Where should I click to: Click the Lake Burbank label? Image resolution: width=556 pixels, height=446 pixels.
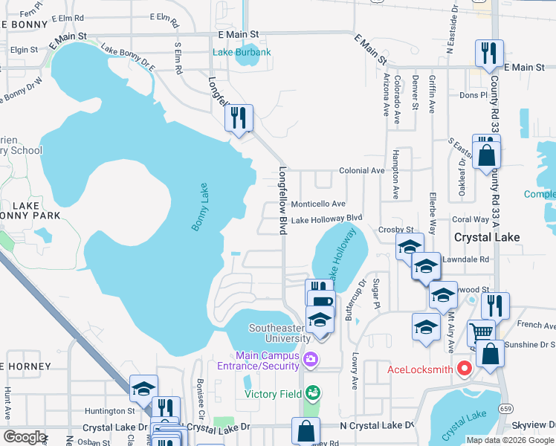(242, 52)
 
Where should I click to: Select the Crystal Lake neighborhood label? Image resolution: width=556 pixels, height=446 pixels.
(486, 236)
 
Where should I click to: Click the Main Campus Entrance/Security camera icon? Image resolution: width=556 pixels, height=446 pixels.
(311, 361)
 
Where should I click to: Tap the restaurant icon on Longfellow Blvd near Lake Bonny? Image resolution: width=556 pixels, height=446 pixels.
(239, 117)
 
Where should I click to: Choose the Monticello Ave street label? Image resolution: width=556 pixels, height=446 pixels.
(317, 204)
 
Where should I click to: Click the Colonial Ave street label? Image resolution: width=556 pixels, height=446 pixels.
(361, 170)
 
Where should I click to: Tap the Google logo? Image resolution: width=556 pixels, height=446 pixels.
(25, 437)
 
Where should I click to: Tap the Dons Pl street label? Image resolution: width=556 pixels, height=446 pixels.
(473, 95)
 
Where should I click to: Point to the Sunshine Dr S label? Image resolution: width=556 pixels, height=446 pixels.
(529, 345)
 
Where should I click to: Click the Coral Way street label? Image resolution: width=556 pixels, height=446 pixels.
(471, 219)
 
